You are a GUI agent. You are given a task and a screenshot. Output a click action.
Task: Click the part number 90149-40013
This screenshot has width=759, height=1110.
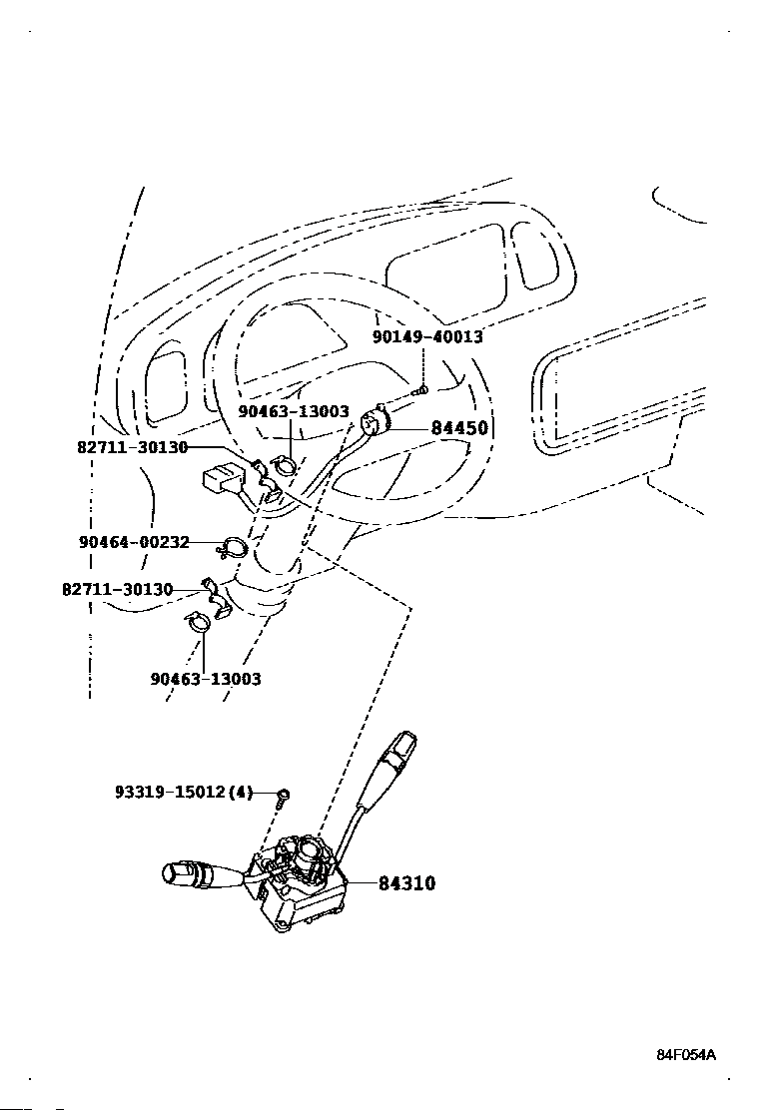click(427, 337)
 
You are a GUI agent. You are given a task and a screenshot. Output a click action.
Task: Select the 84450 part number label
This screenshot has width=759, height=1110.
click(459, 428)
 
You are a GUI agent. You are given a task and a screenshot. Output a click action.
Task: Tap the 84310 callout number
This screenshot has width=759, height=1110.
click(407, 883)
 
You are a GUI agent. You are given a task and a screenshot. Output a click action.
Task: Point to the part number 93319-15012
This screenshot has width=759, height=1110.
click(171, 793)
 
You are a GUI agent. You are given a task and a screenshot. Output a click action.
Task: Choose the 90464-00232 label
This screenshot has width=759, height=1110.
click(135, 542)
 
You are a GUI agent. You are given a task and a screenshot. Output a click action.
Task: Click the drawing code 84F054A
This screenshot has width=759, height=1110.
click(686, 1055)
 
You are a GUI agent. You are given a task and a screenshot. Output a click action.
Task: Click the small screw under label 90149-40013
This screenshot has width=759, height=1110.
click(421, 388)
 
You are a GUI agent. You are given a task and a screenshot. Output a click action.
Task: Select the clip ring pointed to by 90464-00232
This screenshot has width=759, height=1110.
click(233, 547)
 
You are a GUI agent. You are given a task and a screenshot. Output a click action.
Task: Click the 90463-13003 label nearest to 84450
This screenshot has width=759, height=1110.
click(294, 412)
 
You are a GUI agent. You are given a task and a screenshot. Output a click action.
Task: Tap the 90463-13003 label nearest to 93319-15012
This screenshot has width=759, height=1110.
click(206, 679)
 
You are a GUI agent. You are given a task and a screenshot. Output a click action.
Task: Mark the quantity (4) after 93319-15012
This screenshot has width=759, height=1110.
click(241, 793)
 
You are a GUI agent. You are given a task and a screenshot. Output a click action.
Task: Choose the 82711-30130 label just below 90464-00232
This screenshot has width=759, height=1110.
click(118, 590)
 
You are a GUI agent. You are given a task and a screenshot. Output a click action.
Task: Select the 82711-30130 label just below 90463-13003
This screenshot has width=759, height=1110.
click(133, 447)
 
